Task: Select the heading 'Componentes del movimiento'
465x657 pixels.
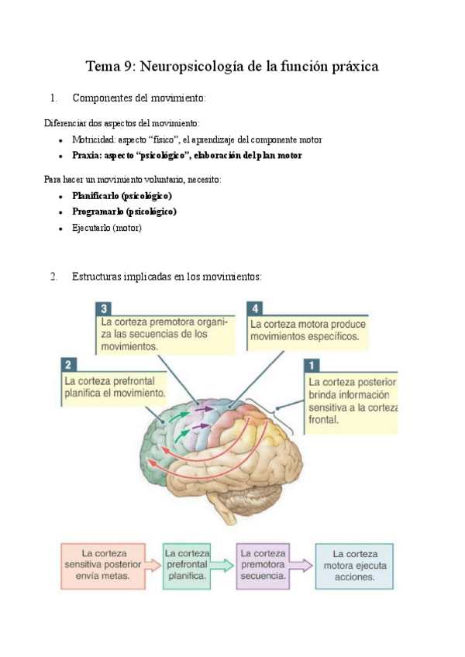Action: (138, 98)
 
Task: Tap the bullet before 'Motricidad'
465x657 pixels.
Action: (60, 140)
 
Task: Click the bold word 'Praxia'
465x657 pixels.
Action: (87, 156)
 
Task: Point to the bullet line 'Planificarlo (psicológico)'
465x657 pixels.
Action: (122, 196)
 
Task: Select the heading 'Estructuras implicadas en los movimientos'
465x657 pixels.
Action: (167, 277)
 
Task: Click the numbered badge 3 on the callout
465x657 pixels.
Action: (102, 307)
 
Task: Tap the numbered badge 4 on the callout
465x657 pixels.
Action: (254, 307)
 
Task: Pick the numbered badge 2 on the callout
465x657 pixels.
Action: (68, 365)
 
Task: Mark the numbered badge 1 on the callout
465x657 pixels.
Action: (312, 365)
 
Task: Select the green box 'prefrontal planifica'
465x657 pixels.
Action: (187, 565)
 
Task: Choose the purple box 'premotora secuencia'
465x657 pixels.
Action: (263, 565)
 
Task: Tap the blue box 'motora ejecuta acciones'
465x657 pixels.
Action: (354, 566)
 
